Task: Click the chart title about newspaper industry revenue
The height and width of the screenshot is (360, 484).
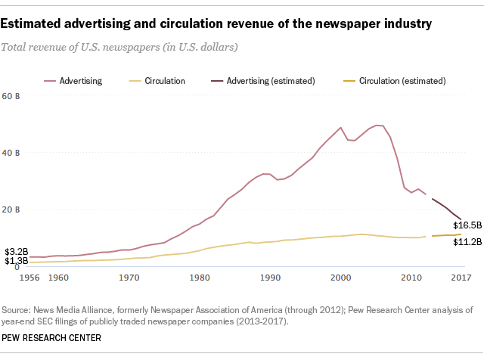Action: [x=216, y=24]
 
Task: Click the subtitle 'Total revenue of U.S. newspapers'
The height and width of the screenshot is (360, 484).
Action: [x=121, y=48]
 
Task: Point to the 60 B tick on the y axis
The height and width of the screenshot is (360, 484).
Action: [x=13, y=97]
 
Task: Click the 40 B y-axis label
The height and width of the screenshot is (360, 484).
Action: [x=13, y=153]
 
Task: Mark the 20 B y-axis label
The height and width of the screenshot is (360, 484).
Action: [x=13, y=209]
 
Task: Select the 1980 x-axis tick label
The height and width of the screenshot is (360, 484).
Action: [x=200, y=278]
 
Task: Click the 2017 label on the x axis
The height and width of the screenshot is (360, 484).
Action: [x=461, y=278]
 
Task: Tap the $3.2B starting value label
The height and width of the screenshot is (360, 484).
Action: [x=16, y=251]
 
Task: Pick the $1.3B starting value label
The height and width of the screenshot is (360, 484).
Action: [x=16, y=262]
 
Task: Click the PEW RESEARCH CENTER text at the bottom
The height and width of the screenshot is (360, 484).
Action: [x=52, y=337]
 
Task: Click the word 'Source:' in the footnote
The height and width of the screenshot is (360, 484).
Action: [x=17, y=310]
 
